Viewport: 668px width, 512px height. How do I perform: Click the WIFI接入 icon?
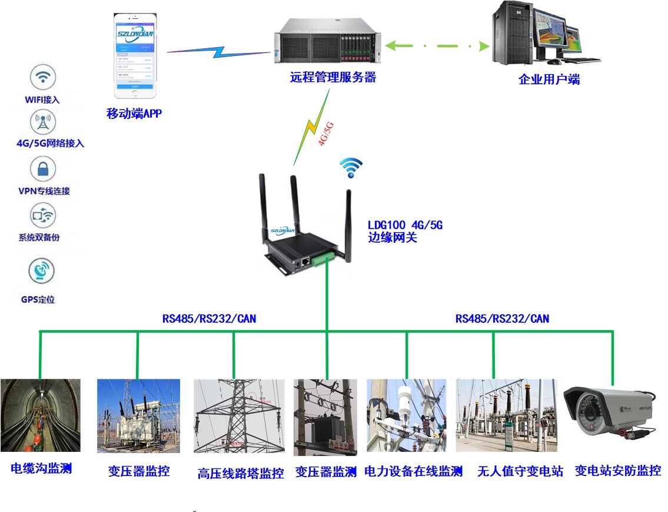pos(42,78)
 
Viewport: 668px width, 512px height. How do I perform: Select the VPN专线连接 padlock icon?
pos(42,170)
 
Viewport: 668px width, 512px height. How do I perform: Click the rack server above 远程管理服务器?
pos(327,41)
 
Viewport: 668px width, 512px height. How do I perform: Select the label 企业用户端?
pos(549,80)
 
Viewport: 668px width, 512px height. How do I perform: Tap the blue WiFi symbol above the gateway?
pos(351,167)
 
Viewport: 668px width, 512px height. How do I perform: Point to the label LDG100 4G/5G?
pos(405,225)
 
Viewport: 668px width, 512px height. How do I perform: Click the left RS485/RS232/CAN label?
pos(209,319)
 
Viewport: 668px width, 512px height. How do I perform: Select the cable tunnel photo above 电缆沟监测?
pos(41,415)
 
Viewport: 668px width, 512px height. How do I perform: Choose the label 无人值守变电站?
pos(520,471)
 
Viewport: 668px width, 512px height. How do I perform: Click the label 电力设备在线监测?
pos(413,471)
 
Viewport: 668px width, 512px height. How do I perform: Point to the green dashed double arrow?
pos(438,45)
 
